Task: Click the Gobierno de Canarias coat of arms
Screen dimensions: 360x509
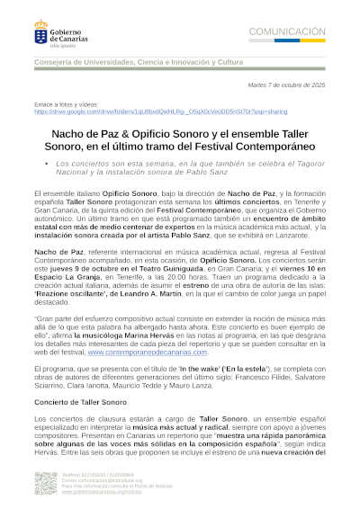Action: pyautogui.click(x=42, y=31)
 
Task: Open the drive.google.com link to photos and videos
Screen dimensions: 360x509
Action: pyautogui.click(x=161, y=112)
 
